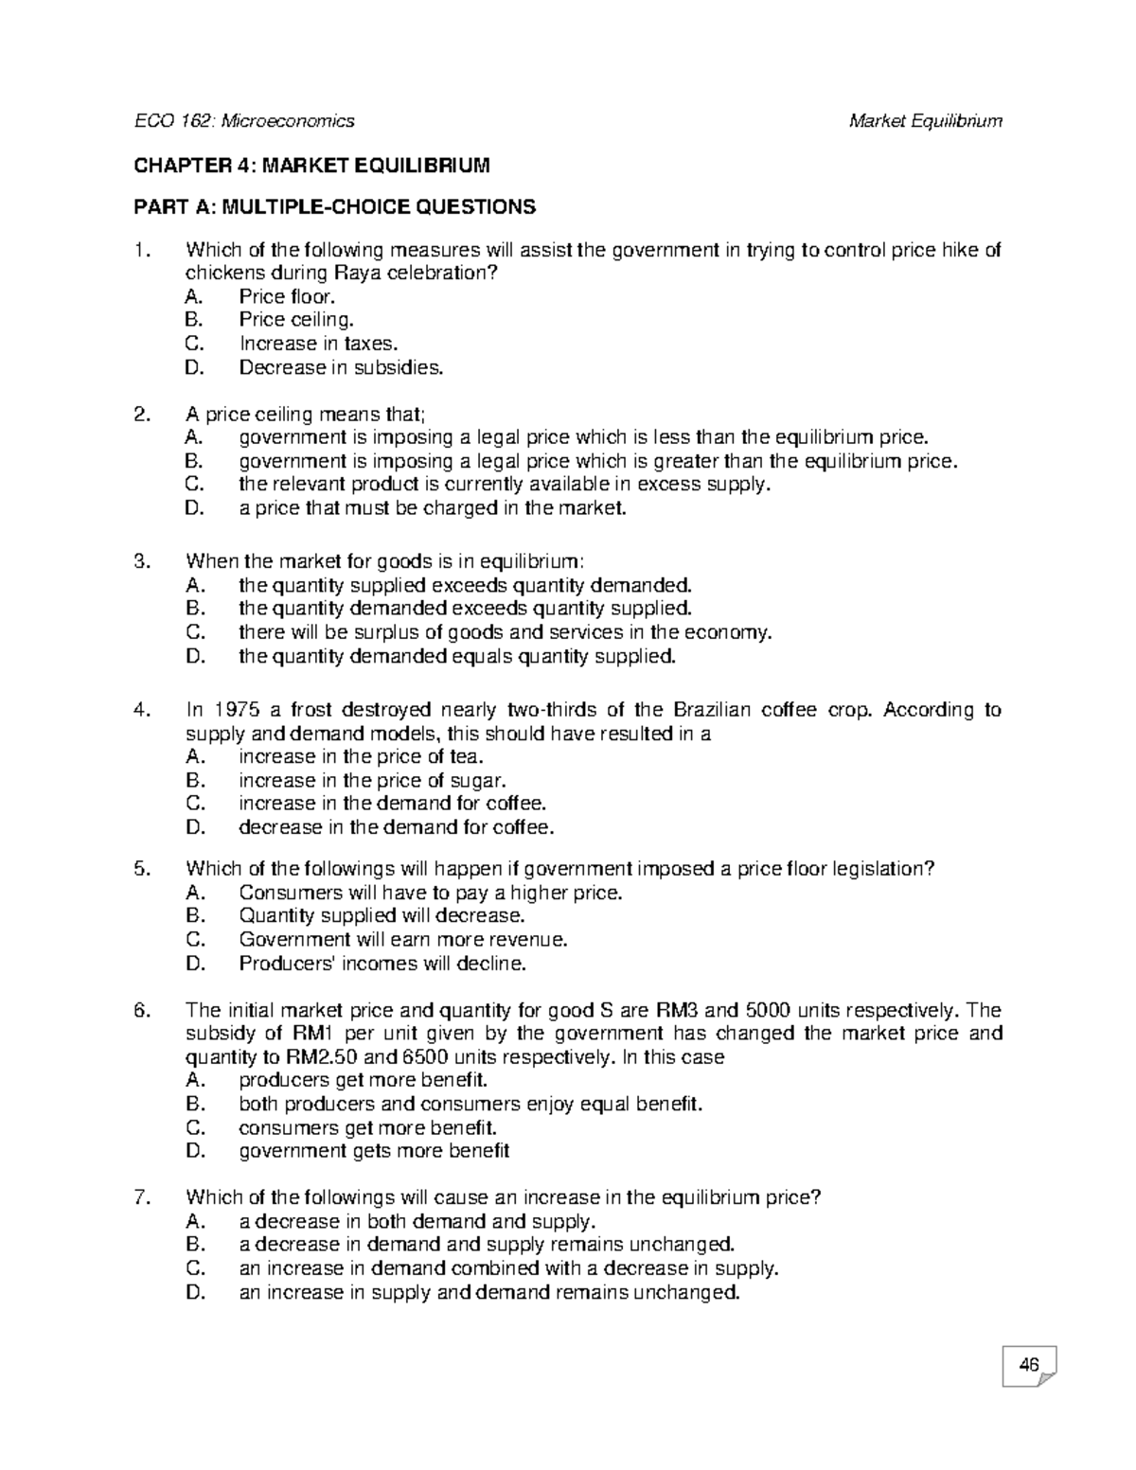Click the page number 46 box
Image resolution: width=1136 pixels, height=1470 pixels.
pyautogui.click(x=1028, y=1365)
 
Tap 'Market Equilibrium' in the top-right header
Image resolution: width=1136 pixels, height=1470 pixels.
pyautogui.click(x=925, y=120)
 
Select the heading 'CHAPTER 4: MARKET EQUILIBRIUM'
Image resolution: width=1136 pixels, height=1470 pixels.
pyautogui.click(x=312, y=167)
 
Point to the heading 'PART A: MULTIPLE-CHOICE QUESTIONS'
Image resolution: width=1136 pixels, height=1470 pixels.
pyautogui.click(x=334, y=206)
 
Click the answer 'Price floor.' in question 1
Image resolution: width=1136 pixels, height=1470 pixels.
pyautogui.click(x=287, y=296)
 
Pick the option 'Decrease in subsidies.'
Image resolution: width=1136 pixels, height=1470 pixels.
pyautogui.click(x=341, y=367)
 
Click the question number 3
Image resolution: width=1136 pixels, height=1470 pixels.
pyautogui.click(x=142, y=561)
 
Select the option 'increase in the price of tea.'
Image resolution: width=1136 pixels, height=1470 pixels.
pyautogui.click(x=362, y=756)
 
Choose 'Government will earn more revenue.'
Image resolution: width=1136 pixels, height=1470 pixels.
pyautogui.click(x=403, y=940)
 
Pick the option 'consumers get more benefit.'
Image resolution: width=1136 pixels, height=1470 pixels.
pyautogui.click(x=367, y=1127)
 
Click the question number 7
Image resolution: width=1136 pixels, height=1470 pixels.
pyautogui.click(x=142, y=1197)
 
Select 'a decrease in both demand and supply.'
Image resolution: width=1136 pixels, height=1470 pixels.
pyautogui.click(x=417, y=1221)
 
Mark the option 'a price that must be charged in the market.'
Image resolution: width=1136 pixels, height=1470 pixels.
pyautogui.click(x=433, y=508)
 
